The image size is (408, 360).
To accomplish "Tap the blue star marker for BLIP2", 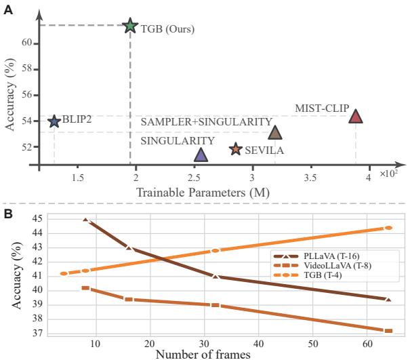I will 54,121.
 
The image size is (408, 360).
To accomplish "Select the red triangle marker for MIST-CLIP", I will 356,116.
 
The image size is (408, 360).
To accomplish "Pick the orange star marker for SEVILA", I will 235,148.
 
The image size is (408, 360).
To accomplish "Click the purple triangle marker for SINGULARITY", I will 201,155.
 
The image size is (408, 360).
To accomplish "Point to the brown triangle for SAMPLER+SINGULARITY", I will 274,132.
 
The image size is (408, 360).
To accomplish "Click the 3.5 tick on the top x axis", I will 310,178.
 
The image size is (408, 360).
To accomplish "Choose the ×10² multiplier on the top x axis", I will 388,174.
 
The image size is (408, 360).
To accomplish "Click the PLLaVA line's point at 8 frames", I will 85,220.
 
